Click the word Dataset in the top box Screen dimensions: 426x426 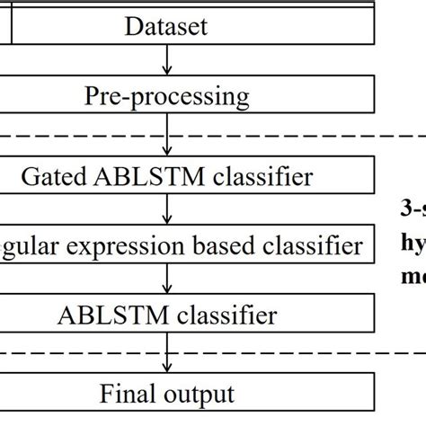[x=166, y=26]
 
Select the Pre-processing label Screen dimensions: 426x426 [x=166, y=95]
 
